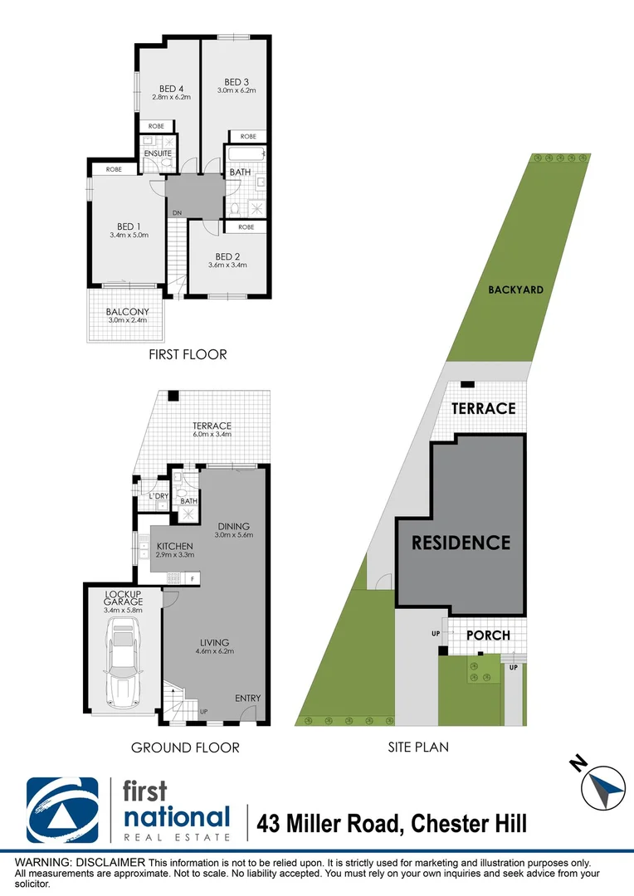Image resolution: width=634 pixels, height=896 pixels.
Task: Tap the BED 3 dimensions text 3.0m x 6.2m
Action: [237, 90]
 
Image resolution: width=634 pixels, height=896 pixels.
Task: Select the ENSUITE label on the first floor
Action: [158, 153]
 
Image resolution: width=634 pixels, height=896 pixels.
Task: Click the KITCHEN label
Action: [174, 546]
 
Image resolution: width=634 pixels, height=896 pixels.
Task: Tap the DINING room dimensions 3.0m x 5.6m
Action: [233, 535]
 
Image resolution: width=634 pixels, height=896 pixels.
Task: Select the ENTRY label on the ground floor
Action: [247, 699]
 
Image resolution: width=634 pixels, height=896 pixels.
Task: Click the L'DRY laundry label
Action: [158, 496]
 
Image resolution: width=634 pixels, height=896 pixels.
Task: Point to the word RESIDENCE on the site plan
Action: [461, 543]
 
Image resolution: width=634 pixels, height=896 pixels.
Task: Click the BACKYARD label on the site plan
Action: [515, 290]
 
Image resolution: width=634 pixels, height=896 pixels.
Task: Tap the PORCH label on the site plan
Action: [487, 635]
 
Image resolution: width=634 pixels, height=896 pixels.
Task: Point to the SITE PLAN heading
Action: [418, 747]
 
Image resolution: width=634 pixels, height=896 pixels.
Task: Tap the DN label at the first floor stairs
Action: [177, 213]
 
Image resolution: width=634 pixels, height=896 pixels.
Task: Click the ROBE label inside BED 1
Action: [115, 169]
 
